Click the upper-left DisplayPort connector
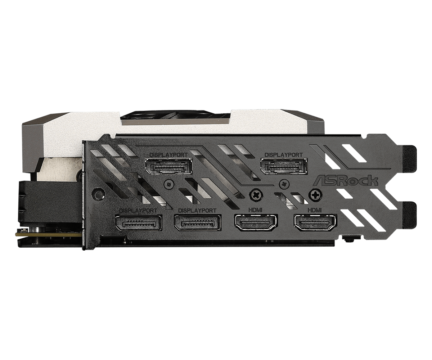coord(169,166)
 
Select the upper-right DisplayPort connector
coord(284,166)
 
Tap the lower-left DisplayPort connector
coord(138,222)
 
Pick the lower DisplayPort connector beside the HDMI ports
coord(198,222)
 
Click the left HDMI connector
coord(256,223)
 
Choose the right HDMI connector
coord(315,223)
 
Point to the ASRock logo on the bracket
coord(346,180)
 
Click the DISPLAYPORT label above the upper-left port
coord(168,154)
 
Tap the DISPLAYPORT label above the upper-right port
coord(283,154)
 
